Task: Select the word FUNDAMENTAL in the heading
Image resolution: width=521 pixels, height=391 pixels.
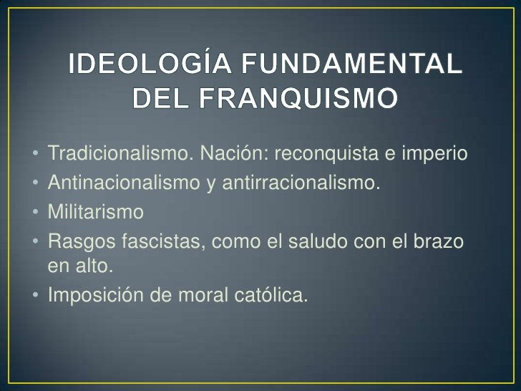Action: click(352, 63)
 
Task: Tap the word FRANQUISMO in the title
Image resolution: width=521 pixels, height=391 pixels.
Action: click(298, 98)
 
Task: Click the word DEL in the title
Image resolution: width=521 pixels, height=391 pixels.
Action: click(161, 98)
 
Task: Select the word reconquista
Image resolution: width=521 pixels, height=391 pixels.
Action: click(326, 153)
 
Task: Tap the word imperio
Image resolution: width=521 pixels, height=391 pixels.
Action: click(434, 153)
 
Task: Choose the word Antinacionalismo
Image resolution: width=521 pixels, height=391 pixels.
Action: click(124, 182)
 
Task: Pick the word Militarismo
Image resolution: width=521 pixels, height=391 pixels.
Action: click(96, 211)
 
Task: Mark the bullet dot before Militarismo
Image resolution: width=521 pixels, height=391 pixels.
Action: click(36, 212)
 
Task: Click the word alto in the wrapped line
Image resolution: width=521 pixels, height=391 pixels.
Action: click(94, 266)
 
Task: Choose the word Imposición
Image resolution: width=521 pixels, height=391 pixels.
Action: click(96, 295)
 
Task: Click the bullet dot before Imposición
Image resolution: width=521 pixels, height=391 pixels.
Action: click(36, 295)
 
